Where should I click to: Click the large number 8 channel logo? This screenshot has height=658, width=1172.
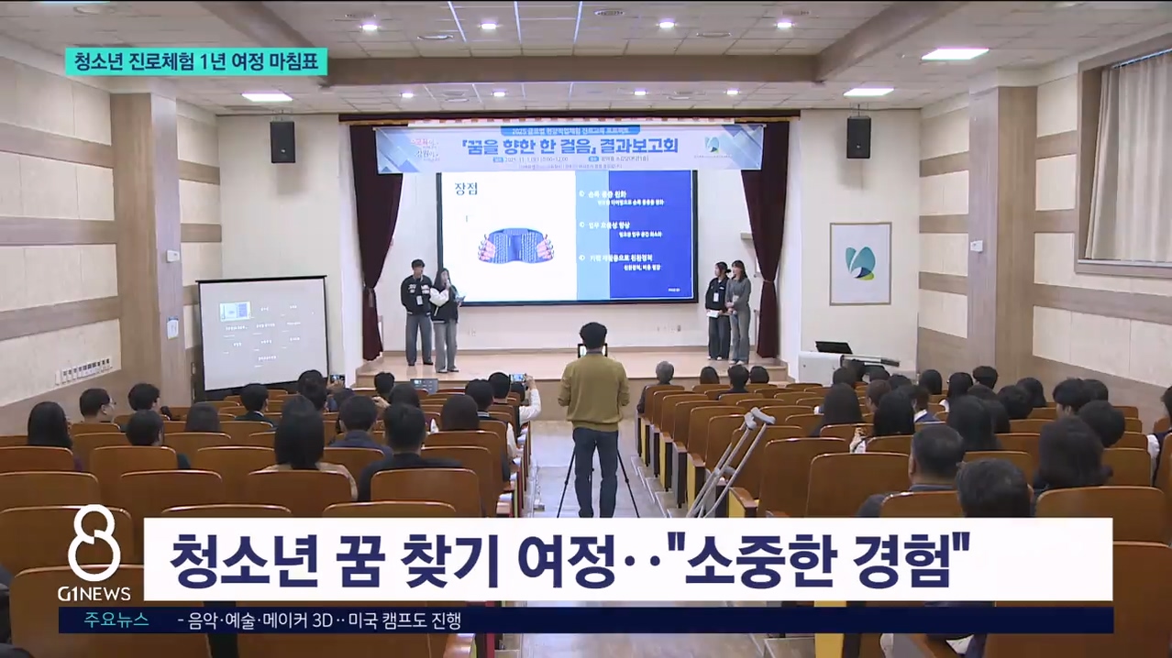[94, 544]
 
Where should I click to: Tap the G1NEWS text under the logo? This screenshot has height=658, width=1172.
[94, 594]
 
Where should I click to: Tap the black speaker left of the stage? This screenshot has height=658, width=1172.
[282, 141]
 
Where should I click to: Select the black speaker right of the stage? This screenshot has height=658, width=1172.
[858, 137]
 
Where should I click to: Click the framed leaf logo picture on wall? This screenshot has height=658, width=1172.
[859, 263]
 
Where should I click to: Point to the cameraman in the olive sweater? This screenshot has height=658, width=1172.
[593, 385]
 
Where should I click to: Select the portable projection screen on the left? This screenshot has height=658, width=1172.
[262, 333]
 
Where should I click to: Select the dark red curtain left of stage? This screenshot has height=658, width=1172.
[375, 238]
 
